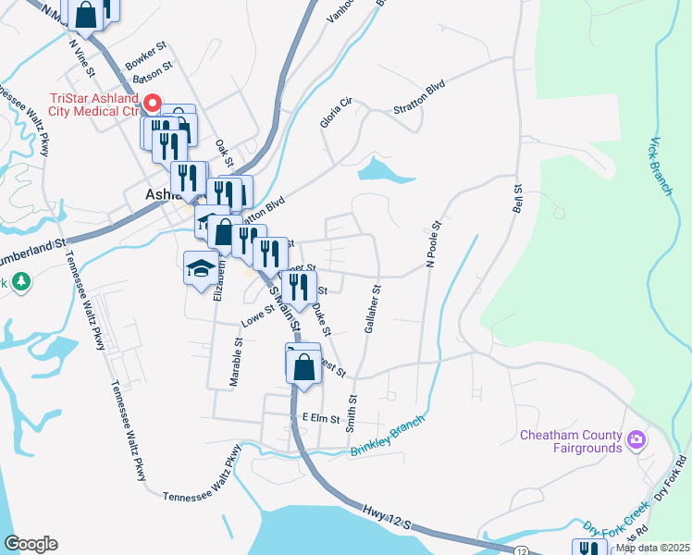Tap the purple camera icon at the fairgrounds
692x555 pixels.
pos(636,438)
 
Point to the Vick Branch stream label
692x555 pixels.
pos(659,166)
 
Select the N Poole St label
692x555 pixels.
pos(433,241)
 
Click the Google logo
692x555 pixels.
pos(30,544)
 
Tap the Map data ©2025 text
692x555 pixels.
pos(652,548)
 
